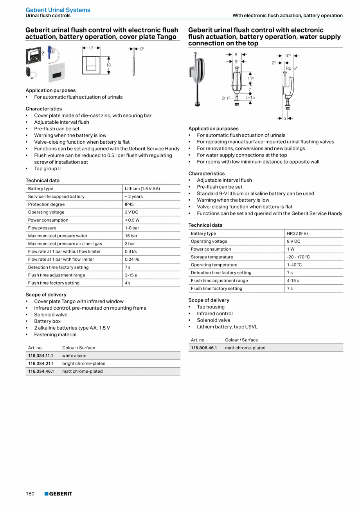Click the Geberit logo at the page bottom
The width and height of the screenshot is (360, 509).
tap(58, 494)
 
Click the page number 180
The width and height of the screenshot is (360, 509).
tap(30, 494)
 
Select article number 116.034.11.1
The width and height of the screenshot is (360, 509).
tap(41, 356)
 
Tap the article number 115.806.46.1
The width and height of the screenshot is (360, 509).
tap(203, 348)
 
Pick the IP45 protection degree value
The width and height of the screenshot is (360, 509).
tap(130, 204)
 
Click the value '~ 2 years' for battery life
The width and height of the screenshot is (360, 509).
tap(134, 197)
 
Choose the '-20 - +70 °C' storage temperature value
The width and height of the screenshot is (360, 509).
tap(298, 257)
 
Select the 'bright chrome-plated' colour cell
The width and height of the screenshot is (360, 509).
tap(84, 363)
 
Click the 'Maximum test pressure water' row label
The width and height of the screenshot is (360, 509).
tap(58, 236)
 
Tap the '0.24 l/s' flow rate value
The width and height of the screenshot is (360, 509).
tap(132, 259)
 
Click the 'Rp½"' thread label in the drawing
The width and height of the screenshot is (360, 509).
tap(291, 68)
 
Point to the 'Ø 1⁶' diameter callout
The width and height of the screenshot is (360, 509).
tap(226, 98)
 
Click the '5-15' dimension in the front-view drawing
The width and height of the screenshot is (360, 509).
tap(250, 97)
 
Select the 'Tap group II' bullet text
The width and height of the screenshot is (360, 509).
tap(47, 169)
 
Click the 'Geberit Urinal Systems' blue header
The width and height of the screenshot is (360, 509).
tap(58, 10)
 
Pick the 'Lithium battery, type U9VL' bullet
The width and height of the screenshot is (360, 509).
tap(227, 327)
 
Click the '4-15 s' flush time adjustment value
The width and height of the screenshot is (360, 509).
tap(293, 280)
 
